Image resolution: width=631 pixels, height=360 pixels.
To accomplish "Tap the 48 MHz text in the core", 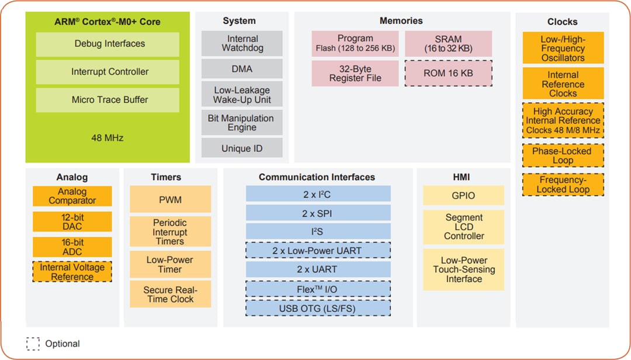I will tap(108, 138).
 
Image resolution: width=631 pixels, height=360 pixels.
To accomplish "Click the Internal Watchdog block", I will tap(242, 43).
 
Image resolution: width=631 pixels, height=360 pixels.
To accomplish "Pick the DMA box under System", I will tap(242, 69).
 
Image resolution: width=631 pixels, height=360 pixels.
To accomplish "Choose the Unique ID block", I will tap(242, 148).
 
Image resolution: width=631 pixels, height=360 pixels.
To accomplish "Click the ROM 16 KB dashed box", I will tap(448, 74).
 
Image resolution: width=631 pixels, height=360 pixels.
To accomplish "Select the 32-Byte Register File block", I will tap(355, 74).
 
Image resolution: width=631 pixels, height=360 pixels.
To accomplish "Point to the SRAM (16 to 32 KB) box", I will tap(448, 44).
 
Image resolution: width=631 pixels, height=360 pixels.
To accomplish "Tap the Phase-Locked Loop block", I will tap(563, 155).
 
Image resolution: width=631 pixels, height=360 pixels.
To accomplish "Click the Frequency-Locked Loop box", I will tap(563, 185).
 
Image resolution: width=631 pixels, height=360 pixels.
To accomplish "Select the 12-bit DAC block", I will tap(72, 221).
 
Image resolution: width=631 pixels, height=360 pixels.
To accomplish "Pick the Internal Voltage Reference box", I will tap(72, 272).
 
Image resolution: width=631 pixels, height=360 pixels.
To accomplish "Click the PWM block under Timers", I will tap(170, 200).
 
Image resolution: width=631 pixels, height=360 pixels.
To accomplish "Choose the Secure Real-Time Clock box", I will tap(170, 295).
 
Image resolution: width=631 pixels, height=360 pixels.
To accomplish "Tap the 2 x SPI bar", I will tap(318, 213).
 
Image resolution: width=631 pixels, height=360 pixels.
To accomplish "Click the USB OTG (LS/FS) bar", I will tap(318, 308).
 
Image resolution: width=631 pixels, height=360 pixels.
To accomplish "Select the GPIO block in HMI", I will tap(463, 196).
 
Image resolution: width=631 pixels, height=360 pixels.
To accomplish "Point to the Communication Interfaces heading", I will tap(317, 177).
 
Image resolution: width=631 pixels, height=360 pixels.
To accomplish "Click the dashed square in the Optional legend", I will tap(33, 344).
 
